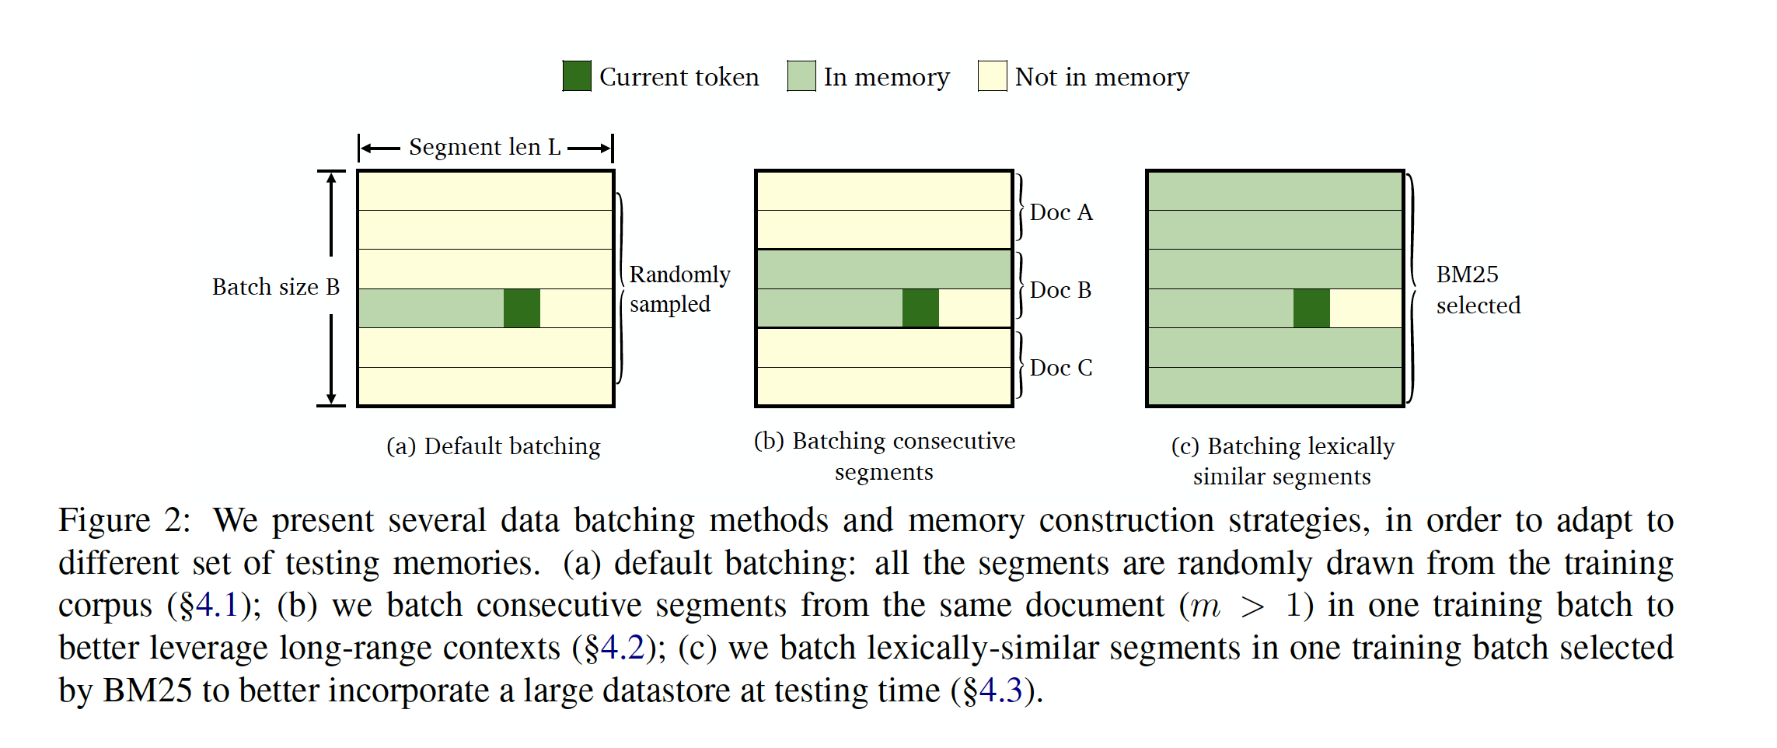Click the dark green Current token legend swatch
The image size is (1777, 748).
[577, 76]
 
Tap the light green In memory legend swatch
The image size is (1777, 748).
[801, 76]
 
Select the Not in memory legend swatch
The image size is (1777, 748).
[992, 76]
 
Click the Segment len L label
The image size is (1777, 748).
[484, 147]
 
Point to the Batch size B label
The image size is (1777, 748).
[276, 287]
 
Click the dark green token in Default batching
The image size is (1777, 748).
[522, 308]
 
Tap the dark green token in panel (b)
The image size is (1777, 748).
[920, 308]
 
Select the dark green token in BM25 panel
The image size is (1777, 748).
[1311, 308]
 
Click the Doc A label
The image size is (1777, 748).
[1061, 212]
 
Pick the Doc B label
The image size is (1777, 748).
[1060, 290]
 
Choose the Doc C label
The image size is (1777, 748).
[1061, 368]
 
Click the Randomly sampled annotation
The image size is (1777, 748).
[679, 289]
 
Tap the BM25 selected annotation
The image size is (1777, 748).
[1477, 289]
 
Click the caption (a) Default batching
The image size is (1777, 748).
[494, 446]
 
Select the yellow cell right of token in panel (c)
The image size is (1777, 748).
[1365, 308]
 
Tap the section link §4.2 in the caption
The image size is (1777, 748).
[614, 648]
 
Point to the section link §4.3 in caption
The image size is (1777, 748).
[992, 690]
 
